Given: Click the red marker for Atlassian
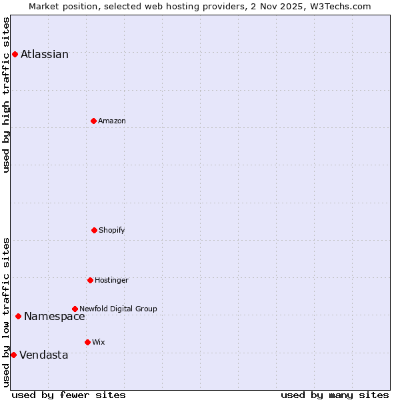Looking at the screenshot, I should (15, 54).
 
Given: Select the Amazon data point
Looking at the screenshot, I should (93, 121).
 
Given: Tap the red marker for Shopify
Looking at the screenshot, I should (94, 230).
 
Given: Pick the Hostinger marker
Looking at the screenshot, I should (90, 280).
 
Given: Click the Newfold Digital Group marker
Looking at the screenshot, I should (75, 309).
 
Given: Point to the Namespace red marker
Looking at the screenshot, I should (18, 316).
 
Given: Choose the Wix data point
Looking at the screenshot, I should (87, 342).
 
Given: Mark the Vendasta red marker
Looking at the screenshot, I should (13, 355).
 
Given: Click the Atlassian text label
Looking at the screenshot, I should (45, 55).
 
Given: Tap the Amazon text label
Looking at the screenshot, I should (112, 121).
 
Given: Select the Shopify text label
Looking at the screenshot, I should (112, 230).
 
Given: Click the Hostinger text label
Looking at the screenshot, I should (111, 280).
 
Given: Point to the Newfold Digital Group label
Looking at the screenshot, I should (118, 309).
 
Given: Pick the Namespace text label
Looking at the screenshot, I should (55, 317).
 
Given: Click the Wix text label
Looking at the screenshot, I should (99, 342).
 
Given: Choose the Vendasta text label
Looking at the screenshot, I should (44, 355).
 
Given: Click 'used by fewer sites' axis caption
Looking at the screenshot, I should (69, 395).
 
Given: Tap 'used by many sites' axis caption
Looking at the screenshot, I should (335, 395).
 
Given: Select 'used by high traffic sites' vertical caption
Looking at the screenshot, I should (7, 95).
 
